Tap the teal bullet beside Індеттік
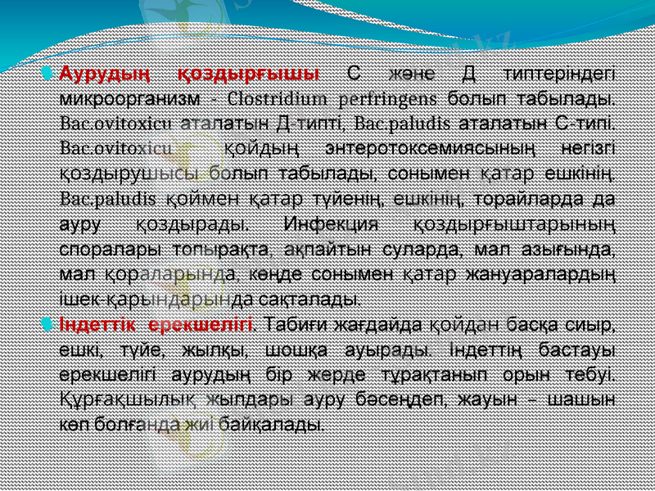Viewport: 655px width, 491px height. pos(52,322)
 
